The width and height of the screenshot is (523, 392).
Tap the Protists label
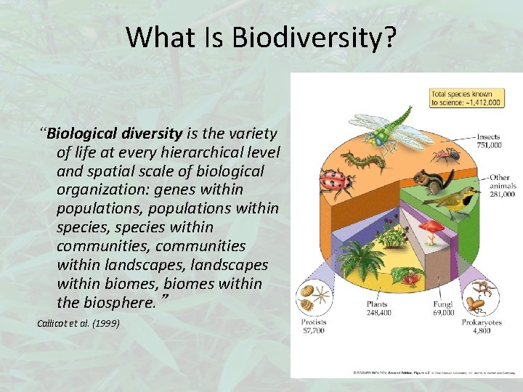315,322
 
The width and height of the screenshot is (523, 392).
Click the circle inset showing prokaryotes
482,298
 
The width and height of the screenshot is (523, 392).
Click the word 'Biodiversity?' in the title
314,38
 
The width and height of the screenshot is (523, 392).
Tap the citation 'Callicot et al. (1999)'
78,322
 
